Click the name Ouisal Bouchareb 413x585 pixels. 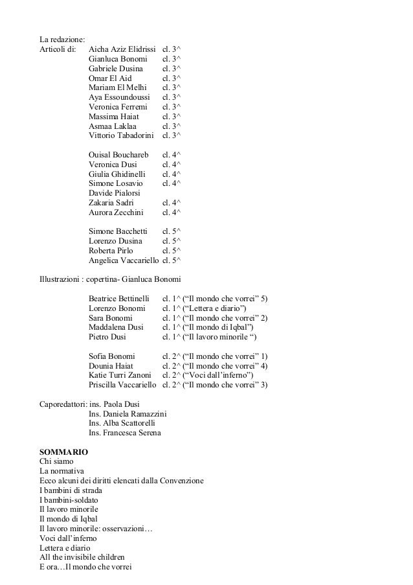coord(118,155)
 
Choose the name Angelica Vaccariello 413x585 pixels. coord(123,260)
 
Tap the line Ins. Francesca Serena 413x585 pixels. coord(125,433)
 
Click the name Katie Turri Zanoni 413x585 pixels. coord(120,375)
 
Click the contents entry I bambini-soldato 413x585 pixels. coord(69,499)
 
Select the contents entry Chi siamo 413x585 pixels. coord(57,459)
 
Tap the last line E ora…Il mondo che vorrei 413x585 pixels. coord(85,567)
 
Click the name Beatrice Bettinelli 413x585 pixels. coord(119,299)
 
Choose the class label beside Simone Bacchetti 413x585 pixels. coord(172,231)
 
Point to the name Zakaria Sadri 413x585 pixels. coord(111,203)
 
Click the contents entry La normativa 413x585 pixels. coord(62,470)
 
